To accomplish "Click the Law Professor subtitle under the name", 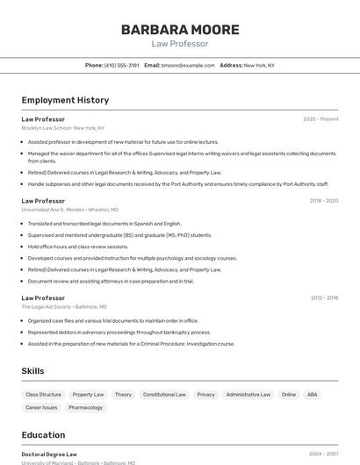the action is pyautogui.click(x=179, y=43).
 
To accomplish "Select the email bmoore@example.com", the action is pyautogui.click(x=188, y=65).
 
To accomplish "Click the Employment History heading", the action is pyautogui.click(x=65, y=100).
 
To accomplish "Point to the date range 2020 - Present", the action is pyautogui.click(x=320, y=118).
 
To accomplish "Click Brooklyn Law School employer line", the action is pyautogui.click(x=63, y=128).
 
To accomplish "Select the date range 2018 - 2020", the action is pyautogui.click(x=323, y=201).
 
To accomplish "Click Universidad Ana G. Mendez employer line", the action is pyautogui.click(x=70, y=210).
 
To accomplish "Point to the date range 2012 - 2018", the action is pyautogui.click(x=324, y=297).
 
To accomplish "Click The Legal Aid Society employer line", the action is pyautogui.click(x=64, y=307).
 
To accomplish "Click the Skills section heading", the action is pyautogui.click(x=32, y=371).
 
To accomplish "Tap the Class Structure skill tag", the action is pyautogui.click(x=43, y=395).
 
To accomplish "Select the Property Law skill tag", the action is pyautogui.click(x=88, y=395).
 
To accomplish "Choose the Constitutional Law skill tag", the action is pyautogui.click(x=164, y=395).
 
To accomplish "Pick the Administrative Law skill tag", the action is pyautogui.click(x=248, y=395).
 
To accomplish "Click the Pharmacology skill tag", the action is pyautogui.click(x=86, y=408).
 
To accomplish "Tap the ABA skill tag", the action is pyautogui.click(x=312, y=395).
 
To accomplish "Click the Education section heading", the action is pyautogui.click(x=43, y=435).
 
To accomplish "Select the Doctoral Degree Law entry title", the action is pyautogui.click(x=49, y=454).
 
